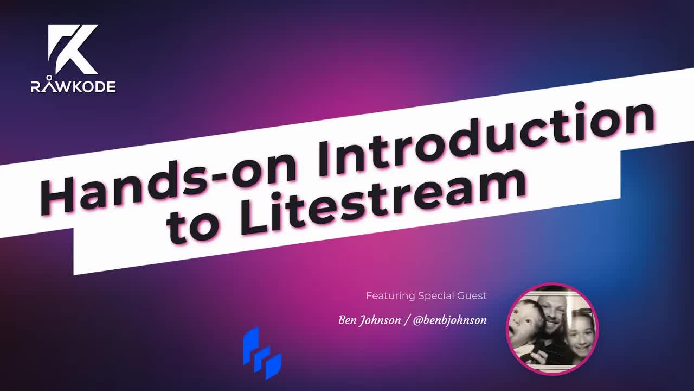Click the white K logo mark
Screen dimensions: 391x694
pyautogui.click(x=73, y=50)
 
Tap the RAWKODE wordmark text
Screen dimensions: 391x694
pyautogui.click(x=73, y=86)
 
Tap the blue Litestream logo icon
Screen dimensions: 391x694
pyautogui.click(x=262, y=353)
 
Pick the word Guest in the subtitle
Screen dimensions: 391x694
pyautogui.click(x=472, y=296)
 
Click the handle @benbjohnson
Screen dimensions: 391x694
pyautogui.click(x=449, y=320)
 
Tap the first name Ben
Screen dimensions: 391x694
pyautogui.click(x=348, y=320)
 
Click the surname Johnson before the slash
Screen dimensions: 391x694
pyautogui.click(x=380, y=320)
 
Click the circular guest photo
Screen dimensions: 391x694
pyautogui.click(x=552, y=329)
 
